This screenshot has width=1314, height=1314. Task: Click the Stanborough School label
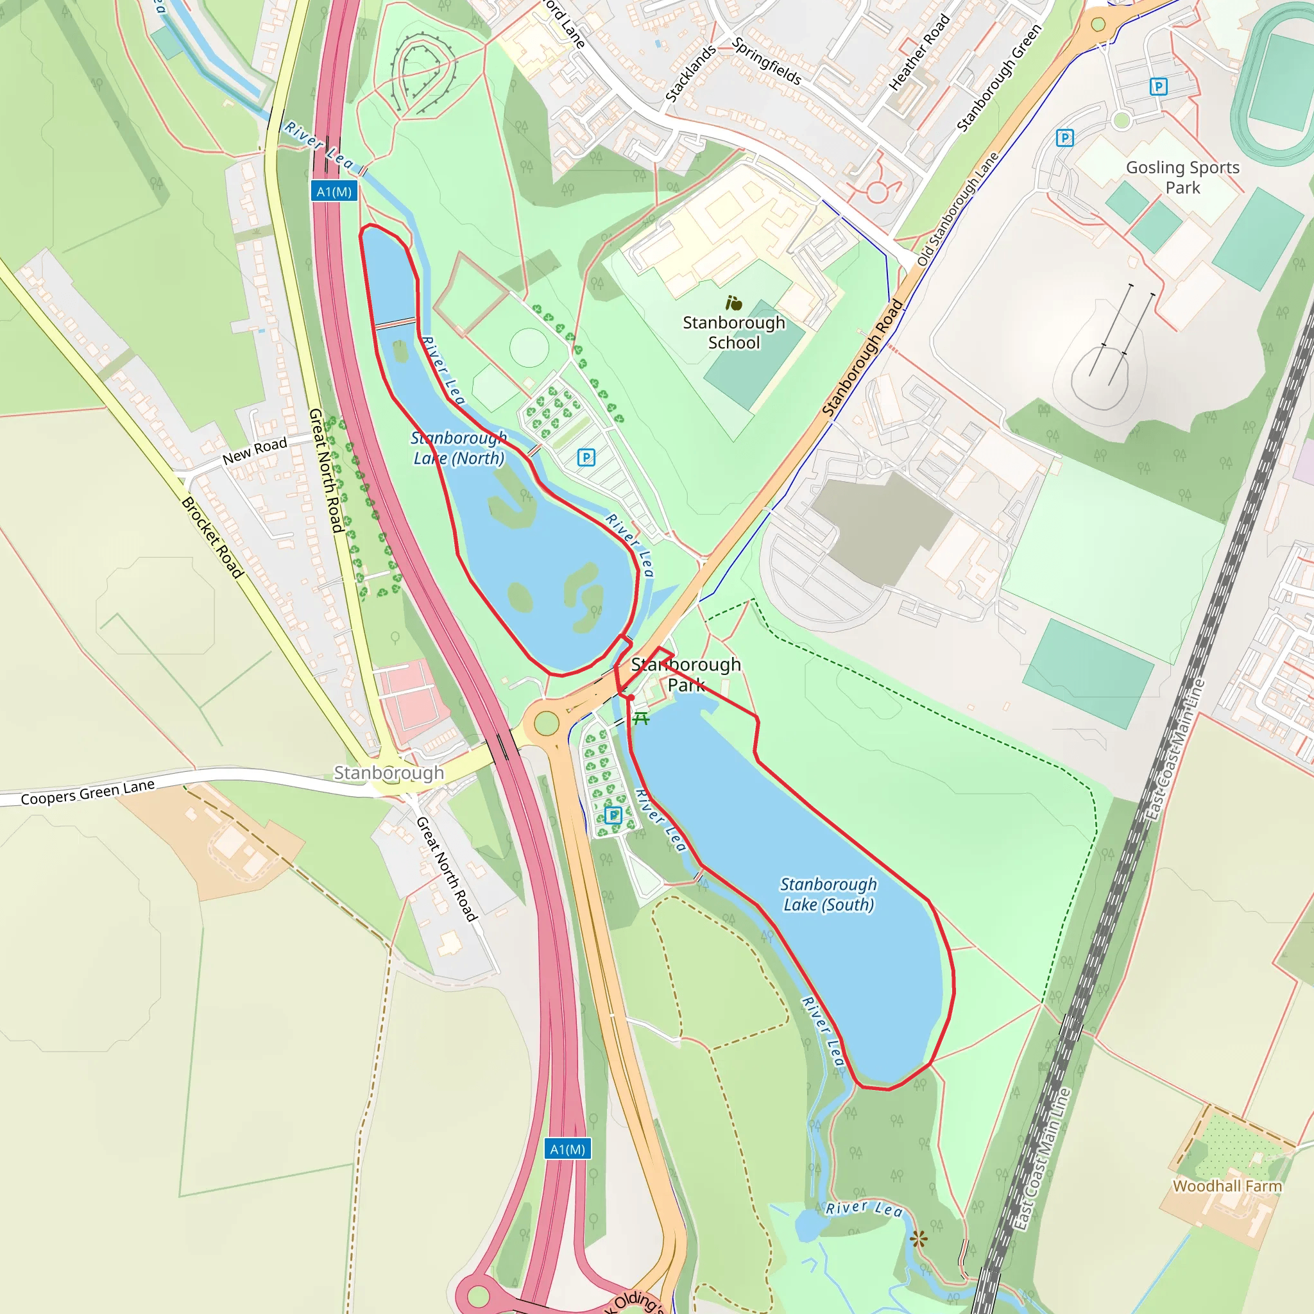(x=734, y=332)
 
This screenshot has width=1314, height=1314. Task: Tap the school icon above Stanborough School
(x=733, y=303)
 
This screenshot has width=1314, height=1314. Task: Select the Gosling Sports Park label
(x=1182, y=178)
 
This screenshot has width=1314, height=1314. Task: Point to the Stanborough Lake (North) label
(x=459, y=448)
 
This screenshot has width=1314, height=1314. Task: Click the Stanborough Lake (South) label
(x=828, y=894)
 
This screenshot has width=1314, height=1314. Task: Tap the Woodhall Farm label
(x=1227, y=1186)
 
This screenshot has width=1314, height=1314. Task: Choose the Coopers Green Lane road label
(x=88, y=792)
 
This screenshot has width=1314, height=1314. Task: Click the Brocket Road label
(x=212, y=538)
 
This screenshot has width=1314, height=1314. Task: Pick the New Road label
(x=255, y=451)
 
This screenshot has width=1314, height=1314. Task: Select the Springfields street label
(x=767, y=61)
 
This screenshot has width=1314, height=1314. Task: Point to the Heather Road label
(x=919, y=53)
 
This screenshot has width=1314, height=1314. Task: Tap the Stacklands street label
(x=690, y=73)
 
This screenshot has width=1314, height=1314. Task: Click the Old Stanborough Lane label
(x=958, y=209)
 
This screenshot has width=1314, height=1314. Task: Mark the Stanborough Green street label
(x=999, y=78)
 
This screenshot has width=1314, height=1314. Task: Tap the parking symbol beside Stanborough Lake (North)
(x=586, y=457)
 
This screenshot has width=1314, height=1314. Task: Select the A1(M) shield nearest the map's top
(x=334, y=192)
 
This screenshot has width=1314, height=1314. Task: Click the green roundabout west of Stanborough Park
(x=546, y=723)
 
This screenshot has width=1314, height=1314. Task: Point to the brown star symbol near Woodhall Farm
(x=919, y=1238)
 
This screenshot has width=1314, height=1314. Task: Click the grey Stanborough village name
(x=388, y=772)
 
